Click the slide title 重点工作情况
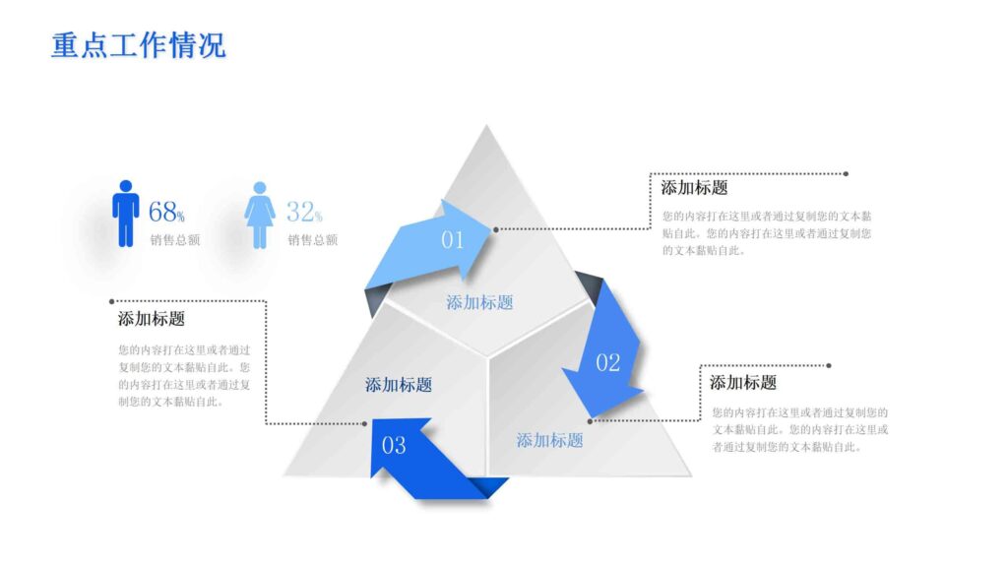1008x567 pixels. pyautogui.click(x=138, y=44)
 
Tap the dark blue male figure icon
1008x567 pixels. pyautogui.click(x=125, y=213)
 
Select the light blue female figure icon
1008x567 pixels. pyautogui.click(x=260, y=215)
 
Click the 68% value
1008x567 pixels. pyautogui.click(x=166, y=212)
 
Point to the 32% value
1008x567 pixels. pyautogui.click(x=304, y=212)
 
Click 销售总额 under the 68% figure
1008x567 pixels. pyautogui.click(x=175, y=239)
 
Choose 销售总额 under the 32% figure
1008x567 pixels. pyautogui.click(x=313, y=239)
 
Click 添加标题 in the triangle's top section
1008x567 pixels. pyautogui.click(x=479, y=302)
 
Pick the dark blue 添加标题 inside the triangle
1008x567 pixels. pyautogui.click(x=399, y=385)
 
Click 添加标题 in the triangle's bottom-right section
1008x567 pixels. pyautogui.click(x=550, y=440)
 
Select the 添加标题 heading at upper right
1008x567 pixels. pyautogui.click(x=694, y=188)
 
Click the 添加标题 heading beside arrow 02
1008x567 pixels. pyautogui.click(x=743, y=383)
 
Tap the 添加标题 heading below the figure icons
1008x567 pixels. pyautogui.click(x=152, y=319)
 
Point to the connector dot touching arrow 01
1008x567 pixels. pyautogui.click(x=496, y=229)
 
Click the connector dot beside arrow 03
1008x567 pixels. pyautogui.click(x=364, y=424)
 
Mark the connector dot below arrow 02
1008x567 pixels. pyautogui.click(x=590, y=421)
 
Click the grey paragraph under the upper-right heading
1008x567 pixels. pyautogui.click(x=767, y=232)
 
